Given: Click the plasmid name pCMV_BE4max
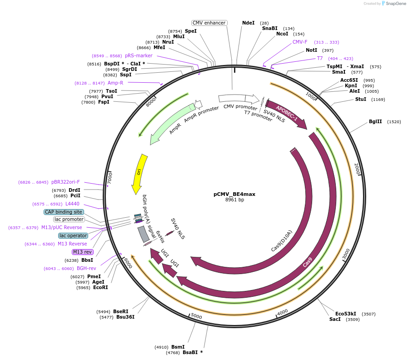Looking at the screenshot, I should [x=234, y=194].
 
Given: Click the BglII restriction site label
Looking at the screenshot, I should [x=375, y=122].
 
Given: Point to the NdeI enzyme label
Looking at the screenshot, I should [x=249, y=23].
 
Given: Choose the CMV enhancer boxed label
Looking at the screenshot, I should [x=209, y=23].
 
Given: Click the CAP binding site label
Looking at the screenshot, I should [x=64, y=212].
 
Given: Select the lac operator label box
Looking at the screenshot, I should [x=73, y=235].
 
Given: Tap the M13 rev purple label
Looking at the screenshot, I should [x=82, y=252].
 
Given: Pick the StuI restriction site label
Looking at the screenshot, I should [x=361, y=99].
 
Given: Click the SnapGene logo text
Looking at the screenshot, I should [x=395, y=4].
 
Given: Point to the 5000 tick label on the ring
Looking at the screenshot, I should [x=196, y=316].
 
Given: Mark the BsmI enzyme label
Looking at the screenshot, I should [x=178, y=347].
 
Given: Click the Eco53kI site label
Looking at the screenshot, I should [x=345, y=314].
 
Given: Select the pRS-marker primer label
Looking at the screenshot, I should [x=139, y=55].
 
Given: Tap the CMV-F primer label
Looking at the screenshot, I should [x=300, y=42].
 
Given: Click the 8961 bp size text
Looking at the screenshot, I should [x=234, y=200].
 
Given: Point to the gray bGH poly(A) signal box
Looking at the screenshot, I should [x=144, y=234].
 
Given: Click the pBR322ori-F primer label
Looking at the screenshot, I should [x=65, y=182].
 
